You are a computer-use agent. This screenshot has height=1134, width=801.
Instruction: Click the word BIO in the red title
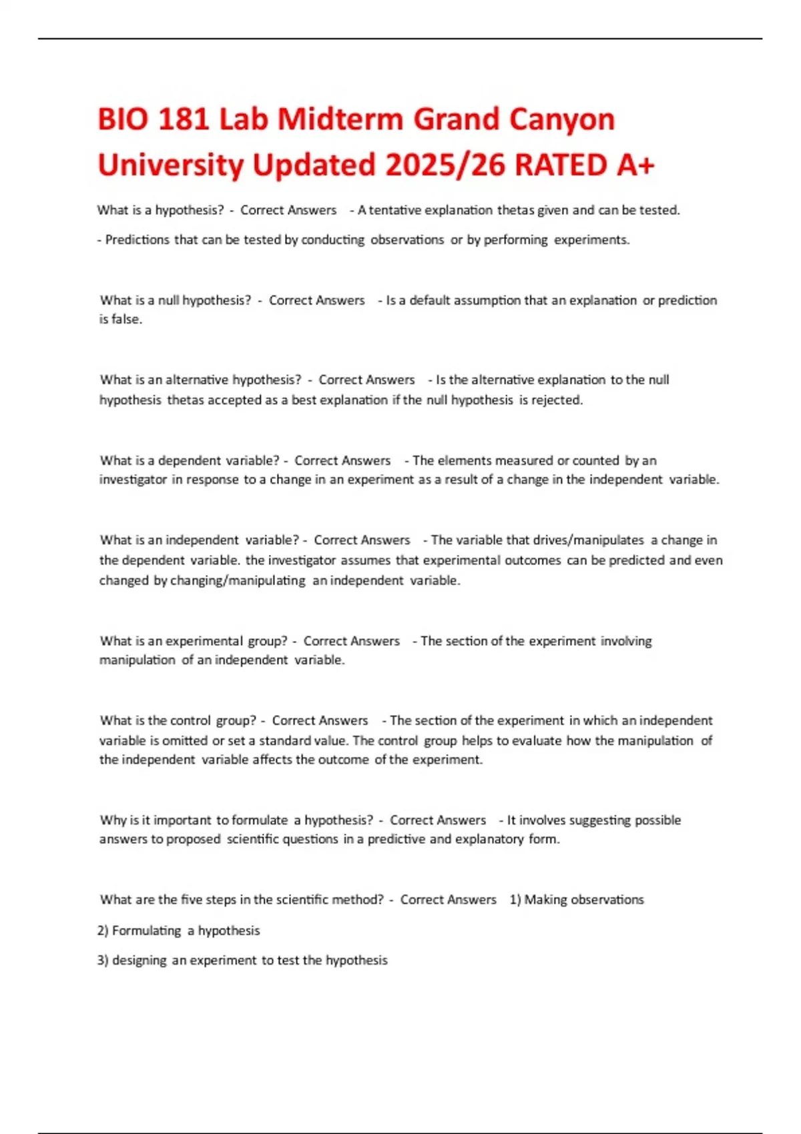[x=121, y=120]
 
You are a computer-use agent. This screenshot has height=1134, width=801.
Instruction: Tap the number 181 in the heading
[x=182, y=120]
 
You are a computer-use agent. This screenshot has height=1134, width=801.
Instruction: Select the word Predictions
[x=138, y=240]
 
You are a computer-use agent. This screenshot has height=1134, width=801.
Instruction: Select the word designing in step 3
[x=139, y=961]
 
